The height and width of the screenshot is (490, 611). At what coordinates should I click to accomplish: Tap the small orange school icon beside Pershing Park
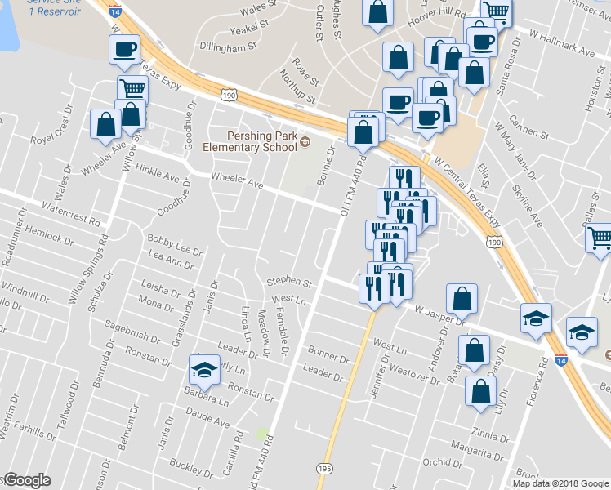click(x=305, y=142)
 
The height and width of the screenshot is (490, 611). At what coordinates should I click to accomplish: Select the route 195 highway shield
click(x=324, y=468)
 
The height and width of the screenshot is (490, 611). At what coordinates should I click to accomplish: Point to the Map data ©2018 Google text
click(x=560, y=483)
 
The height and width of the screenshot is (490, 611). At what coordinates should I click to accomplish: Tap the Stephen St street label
click(x=289, y=283)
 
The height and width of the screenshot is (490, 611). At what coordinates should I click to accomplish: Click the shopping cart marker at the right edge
click(x=600, y=238)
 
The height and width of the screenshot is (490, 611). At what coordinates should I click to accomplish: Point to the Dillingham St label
click(x=228, y=48)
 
